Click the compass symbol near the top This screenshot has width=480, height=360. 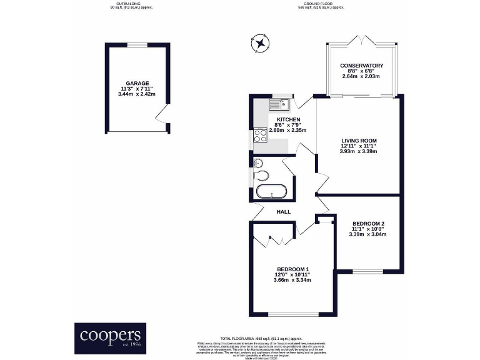pos(259,44)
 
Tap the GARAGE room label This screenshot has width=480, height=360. pos(137,82)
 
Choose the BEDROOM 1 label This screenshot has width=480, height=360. pos(292,269)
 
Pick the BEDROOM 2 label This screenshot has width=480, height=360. pos(368,224)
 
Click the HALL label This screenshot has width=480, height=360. pos(284,212)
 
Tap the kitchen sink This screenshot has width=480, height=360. pos(279,103)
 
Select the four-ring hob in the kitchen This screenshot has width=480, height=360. pos(260,137)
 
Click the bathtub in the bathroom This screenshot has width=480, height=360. pos(271,192)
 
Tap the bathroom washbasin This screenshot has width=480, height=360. pos(259,162)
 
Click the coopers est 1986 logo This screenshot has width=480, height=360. pos(110,337)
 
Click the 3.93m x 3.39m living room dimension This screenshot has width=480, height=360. pos(359,151)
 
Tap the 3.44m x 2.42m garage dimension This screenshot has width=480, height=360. pos(137,94)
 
